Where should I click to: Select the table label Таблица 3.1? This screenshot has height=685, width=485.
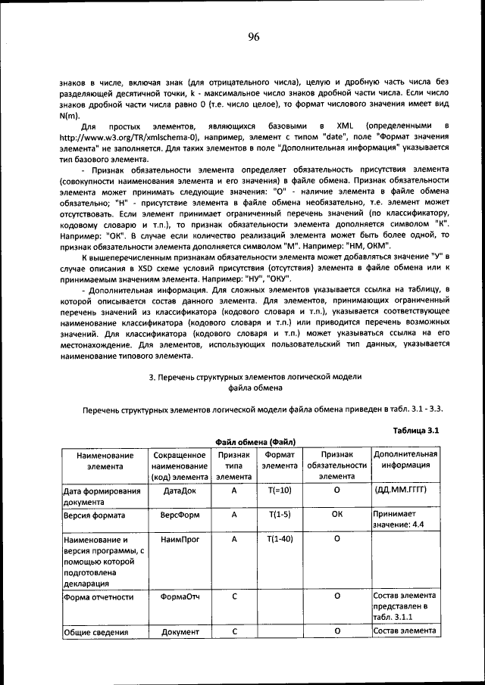point(417,431)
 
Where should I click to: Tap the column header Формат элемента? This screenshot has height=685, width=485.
point(280,460)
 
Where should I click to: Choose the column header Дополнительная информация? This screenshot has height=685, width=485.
point(405,460)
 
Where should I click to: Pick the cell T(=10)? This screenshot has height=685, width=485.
point(280,490)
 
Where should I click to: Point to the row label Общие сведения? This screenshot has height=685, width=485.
point(94,631)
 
